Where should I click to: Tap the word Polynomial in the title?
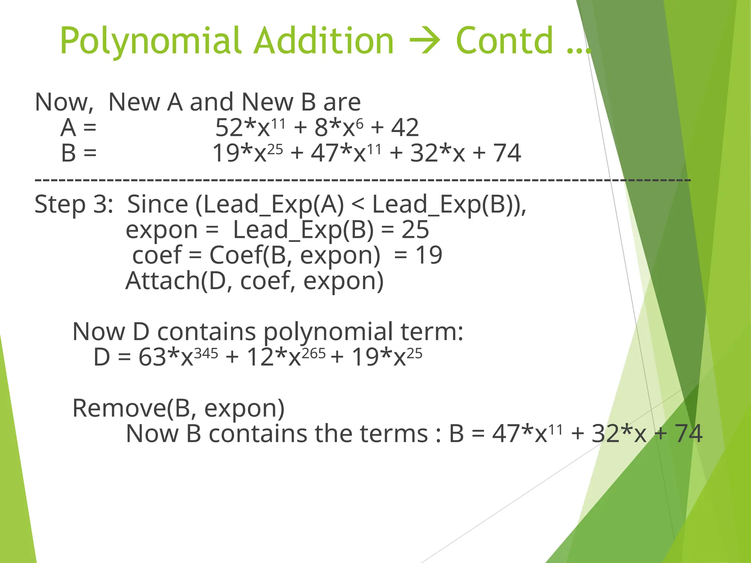click(x=151, y=41)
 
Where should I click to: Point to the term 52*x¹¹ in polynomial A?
click(x=250, y=128)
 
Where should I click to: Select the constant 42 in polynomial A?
click(x=405, y=128)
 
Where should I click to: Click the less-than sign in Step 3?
click(x=358, y=205)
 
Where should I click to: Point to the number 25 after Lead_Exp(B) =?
click(x=415, y=229)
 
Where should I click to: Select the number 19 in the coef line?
click(x=429, y=255)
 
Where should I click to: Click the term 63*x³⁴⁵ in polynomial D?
click(x=178, y=357)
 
